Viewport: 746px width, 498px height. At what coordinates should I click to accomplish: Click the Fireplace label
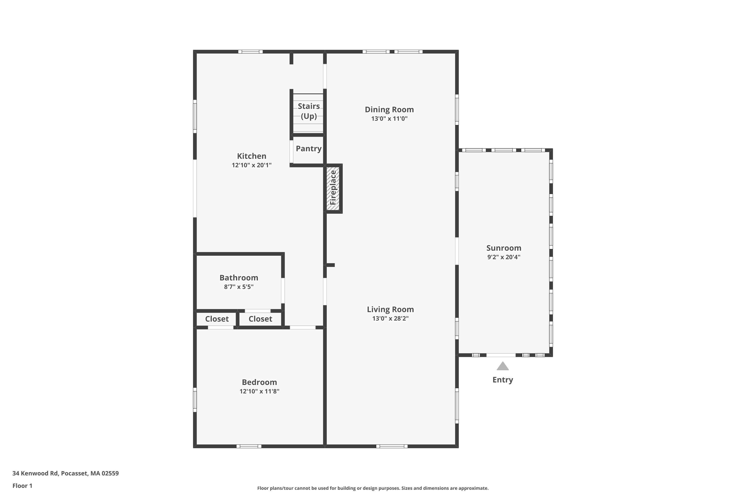[333, 188]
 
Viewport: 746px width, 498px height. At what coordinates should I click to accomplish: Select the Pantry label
[308, 149]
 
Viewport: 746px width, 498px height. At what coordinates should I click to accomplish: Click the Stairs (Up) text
[309, 111]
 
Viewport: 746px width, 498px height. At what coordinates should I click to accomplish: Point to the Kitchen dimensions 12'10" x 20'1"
[251, 165]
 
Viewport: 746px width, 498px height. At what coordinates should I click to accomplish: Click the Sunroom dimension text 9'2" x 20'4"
[504, 257]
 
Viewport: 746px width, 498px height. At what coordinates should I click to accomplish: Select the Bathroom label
[238, 278]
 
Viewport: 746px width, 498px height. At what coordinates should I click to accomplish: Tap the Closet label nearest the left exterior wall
[217, 319]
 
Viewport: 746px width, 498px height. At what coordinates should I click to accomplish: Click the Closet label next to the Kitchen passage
[260, 319]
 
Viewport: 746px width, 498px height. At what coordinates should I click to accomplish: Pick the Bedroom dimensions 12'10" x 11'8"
[259, 391]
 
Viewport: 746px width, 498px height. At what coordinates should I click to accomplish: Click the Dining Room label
[389, 110]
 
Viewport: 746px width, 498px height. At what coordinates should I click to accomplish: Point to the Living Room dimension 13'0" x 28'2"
[390, 318]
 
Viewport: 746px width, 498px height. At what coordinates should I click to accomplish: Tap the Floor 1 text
[22, 486]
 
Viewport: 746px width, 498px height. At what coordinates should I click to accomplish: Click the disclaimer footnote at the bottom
[373, 488]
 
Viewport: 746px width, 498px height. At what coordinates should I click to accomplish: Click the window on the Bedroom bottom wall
[249, 446]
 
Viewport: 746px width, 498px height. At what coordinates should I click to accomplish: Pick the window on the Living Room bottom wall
[392, 446]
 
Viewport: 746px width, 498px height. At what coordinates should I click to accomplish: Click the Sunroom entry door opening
[501, 355]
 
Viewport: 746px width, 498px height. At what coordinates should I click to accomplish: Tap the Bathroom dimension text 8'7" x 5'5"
[238, 287]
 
